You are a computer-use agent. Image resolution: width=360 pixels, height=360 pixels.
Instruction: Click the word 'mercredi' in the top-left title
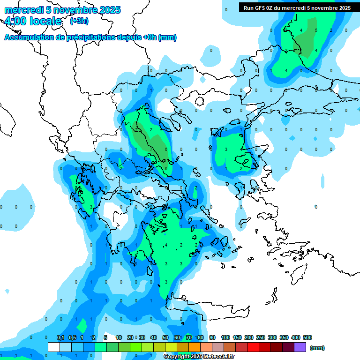[23, 10]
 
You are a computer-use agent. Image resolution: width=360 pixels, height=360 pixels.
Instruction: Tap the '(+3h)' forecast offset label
[79, 21]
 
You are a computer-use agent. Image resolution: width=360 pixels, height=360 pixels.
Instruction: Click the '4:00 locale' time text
[33, 21]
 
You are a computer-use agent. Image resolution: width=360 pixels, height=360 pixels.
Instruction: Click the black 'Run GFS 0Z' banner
[295, 7]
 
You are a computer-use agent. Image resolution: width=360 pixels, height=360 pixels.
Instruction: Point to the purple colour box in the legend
[300, 347]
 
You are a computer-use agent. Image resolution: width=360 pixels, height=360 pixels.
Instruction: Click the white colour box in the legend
[54, 347]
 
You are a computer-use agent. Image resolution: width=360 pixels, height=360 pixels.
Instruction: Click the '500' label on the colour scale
[307, 337]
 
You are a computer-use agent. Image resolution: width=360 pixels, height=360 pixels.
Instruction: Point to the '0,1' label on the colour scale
[60, 337]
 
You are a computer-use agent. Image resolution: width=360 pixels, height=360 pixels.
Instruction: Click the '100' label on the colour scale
[225, 337]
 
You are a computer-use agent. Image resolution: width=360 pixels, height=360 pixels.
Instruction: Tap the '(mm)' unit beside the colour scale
[317, 348]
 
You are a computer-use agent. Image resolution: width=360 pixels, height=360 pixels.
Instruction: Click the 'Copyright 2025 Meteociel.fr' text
[198, 357]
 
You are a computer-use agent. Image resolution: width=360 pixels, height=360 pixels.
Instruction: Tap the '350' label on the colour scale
[284, 337]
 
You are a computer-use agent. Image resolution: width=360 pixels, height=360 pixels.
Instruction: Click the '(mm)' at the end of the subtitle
[167, 37]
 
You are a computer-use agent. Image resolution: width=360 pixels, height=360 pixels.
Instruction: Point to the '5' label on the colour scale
[106, 337]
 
